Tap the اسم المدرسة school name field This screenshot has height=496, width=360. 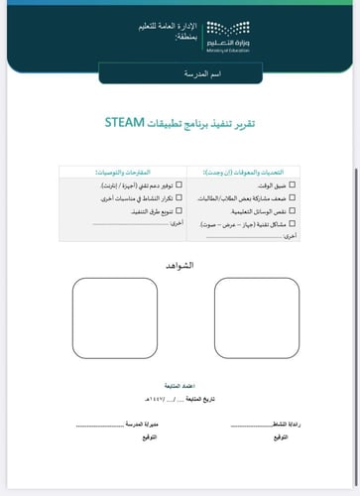[x=180, y=74]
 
